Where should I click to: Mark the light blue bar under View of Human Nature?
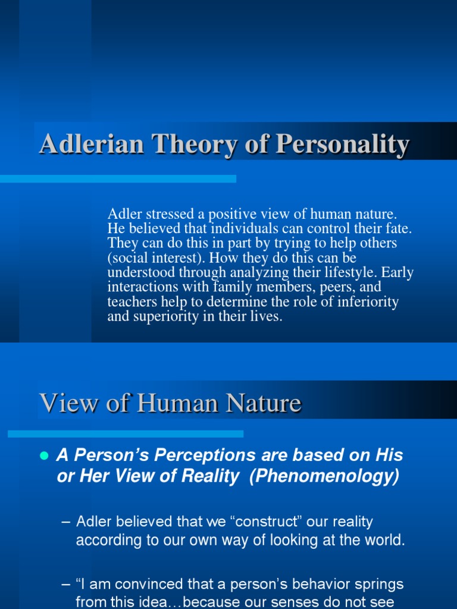click(125, 434)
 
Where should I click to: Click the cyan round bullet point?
click(43, 456)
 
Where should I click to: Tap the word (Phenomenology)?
click(324, 477)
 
